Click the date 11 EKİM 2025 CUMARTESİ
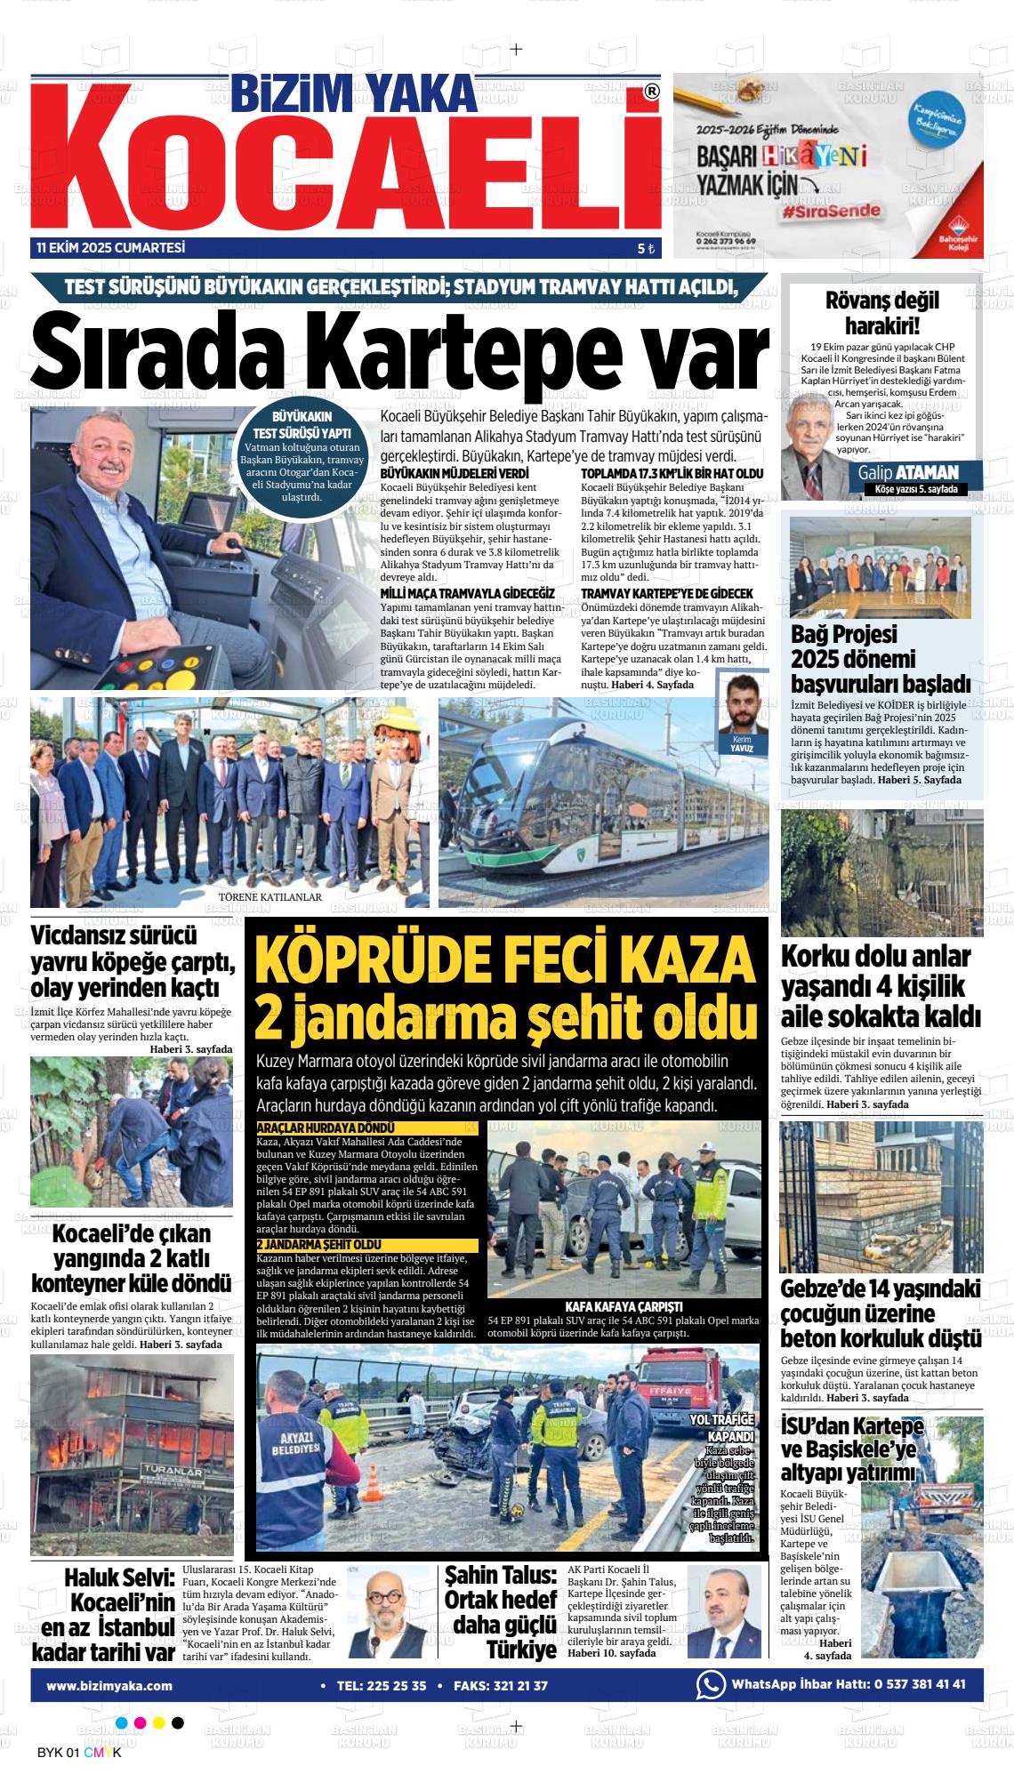coord(111,248)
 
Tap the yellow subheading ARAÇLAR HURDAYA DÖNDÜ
coord(325,1128)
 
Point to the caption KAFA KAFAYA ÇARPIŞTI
coord(624,1306)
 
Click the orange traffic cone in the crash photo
coord(374,1481)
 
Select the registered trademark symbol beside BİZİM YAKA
coord(652,91)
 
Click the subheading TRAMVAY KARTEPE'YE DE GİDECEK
coord(667,593)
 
